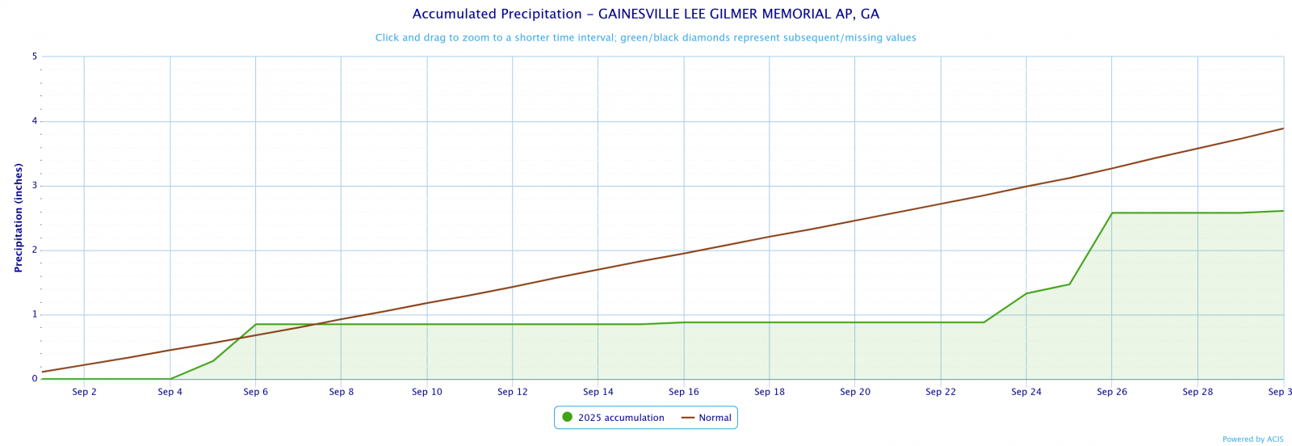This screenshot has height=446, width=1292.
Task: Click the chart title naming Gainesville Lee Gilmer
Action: pyautogui.click(x=645, y=15)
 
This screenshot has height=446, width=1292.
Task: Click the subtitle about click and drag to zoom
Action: pyautogui.click(x=645, y=38)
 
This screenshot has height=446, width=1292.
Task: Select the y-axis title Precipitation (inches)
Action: pyautogui.click(x=19, y=217)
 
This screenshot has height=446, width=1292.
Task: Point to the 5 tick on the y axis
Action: pyautogui.click(x=35, y=57)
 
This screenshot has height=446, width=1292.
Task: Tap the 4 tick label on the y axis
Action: pyautogui.click(x=35, y=121)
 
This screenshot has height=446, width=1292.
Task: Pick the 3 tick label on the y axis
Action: pyautogui.click(x=35, y=186)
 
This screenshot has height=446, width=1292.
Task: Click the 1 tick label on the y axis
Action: pyautogui.click(x=35, y=314)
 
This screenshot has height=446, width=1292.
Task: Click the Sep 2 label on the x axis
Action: pyautogui.click(x=85, y=392)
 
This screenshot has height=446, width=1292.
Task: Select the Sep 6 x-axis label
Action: pyautogui.click(x=256, y=392)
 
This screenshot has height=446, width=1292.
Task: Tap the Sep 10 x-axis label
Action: pyautogui.click(x=427, y=392)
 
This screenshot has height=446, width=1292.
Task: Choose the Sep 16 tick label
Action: pyautogui.click(x=684, y=392)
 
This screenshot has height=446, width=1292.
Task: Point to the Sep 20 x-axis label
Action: pyautogui.click(x=855, y=392)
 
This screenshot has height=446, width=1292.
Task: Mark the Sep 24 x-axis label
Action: pyautogui.click(x=1026, y=392)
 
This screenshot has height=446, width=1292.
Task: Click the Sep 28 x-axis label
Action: pyautogui.click(x=1198, y=392)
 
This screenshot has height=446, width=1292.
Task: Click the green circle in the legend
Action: pyautogui.click(x=567, y=417)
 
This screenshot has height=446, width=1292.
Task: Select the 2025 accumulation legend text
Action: pyautogui.click(x=621, y=418)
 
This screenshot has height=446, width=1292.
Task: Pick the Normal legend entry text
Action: pyautogui.click(x=715, y=418)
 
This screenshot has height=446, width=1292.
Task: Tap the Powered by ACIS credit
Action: pyautogui.click(x=1252, y=440)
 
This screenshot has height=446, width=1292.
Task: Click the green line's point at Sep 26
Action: pyautogui.click(x=1112, y=213)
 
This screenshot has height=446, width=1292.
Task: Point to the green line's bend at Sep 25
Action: pyautogui.click(x=1069, y=284)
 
